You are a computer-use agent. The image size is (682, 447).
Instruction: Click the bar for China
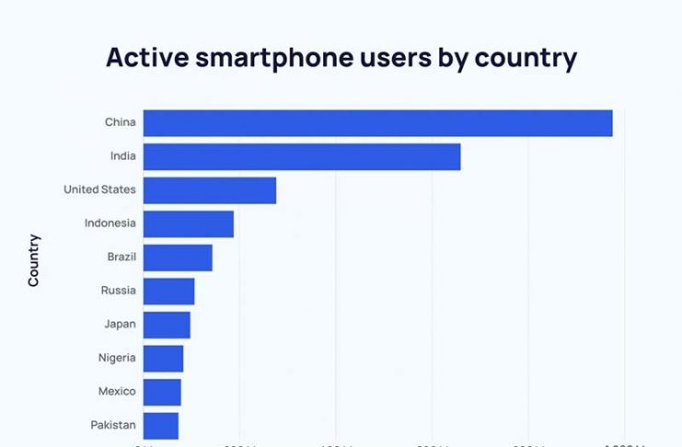377,123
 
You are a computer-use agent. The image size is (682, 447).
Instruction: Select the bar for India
302,157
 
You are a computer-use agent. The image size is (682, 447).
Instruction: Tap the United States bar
210,190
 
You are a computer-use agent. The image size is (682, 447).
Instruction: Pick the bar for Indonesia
189,223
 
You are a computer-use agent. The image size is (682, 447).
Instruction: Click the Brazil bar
178,258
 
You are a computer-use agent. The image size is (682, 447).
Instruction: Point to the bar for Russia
168,292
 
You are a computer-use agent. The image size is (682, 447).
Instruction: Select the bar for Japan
167,325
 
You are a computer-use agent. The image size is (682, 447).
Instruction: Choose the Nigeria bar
163,359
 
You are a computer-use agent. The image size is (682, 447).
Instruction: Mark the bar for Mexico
162,392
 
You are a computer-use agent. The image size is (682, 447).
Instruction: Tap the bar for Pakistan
160,425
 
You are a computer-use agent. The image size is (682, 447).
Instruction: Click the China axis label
120,122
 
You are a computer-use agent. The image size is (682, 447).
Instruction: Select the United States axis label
99,189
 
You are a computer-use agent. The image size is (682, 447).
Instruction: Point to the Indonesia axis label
110,223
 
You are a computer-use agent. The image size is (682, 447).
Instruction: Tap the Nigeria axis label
116,358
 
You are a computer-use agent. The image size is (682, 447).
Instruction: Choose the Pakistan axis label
113,425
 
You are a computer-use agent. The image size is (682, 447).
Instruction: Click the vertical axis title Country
34,260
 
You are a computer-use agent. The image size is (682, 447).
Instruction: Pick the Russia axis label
119,291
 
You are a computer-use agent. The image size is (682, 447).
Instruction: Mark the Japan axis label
120,324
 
